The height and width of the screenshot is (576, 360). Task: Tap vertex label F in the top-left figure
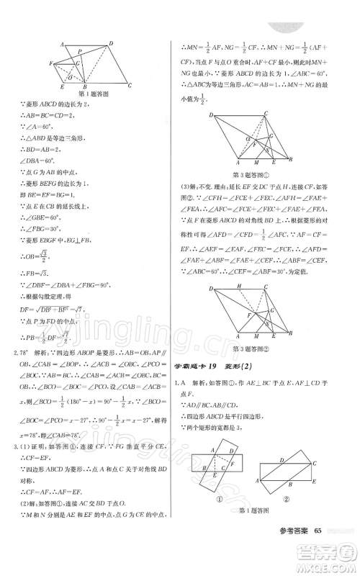pyautogui.click(x=51, y=63)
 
